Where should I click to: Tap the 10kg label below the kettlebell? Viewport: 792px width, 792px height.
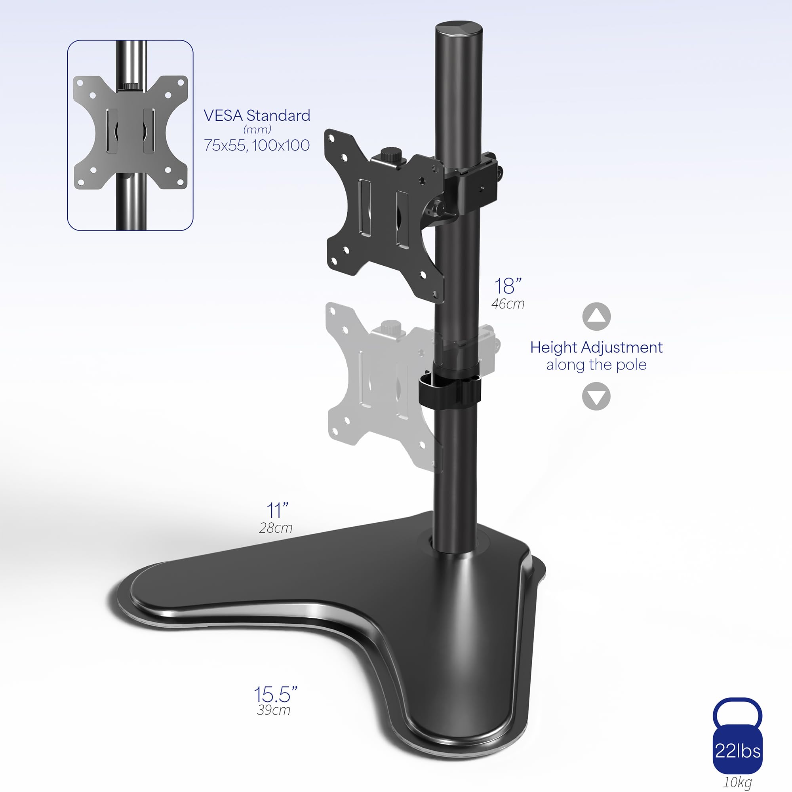click(x=737, y=782)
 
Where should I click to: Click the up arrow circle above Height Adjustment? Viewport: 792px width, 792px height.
click(x=596, y=316)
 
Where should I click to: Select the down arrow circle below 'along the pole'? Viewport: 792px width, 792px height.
click(x=596, y=396)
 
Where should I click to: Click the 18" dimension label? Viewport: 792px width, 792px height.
click(x=508, y=287)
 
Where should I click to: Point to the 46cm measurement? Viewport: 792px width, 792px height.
click(x=508, y=304)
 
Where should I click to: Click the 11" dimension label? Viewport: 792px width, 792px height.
click(x=278, y=511)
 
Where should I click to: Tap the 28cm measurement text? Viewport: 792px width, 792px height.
click(x=276, y=528)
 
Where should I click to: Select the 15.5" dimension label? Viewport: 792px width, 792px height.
click(x=275, y=695)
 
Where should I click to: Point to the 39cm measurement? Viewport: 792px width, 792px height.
click(x=273, y=710)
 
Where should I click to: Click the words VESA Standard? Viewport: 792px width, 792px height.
click(x=257, y=116)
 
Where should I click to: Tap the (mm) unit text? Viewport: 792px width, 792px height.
click(x=257, y=129)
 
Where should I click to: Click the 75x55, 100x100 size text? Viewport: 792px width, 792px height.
click(x=257, y=145)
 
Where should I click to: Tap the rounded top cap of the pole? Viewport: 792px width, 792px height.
click(x=459, y=31)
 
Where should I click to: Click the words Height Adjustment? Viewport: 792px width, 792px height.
click(x=596, y=348)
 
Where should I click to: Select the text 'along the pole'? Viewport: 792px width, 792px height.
click(x=596, y=365)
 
